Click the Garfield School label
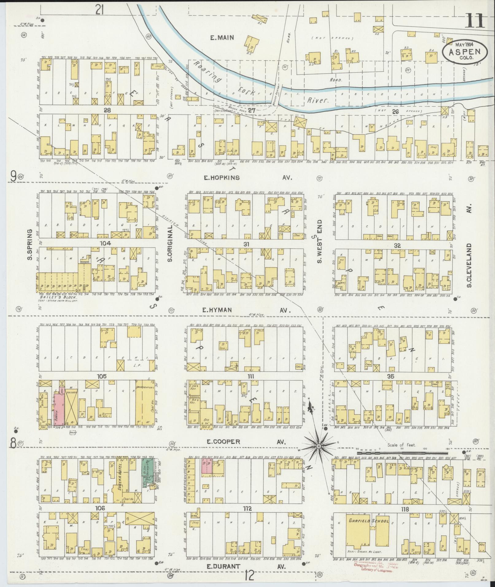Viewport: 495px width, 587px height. pyautogui.click(x=369, y=521)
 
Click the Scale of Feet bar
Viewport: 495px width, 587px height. pyautogui.click(x=402, y=453)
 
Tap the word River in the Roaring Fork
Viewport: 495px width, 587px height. pyautogui.click(x=318, y=100)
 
